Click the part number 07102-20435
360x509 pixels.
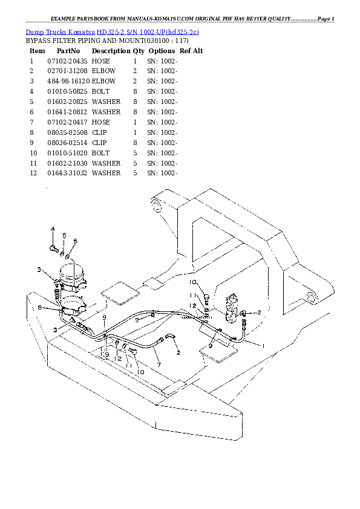coord(67,61)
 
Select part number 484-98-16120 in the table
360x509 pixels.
coord(68,81)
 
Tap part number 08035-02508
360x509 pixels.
coord(67,132)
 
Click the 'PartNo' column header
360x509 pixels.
coord(68,51)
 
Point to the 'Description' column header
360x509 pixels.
coord(111,51)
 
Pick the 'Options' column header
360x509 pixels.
coord(162,51)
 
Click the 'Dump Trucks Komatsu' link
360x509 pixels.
coord(60,32)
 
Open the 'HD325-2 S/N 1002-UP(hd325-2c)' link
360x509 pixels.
coord(148,32)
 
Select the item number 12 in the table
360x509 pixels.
coord(33,173)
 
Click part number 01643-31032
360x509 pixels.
coord(67,173)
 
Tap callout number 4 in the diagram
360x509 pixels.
coord(53,229)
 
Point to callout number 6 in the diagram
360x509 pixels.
coord(75,241)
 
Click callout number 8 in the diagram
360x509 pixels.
coord(40,307)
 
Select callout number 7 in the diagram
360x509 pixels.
coord(159,365)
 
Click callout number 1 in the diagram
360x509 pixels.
coord(263,346)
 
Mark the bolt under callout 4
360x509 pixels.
coord(54,248)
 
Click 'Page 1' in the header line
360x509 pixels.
coord(326,19)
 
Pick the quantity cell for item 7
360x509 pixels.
coord(135,122)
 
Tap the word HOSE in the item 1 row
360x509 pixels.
coord(100,61)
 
